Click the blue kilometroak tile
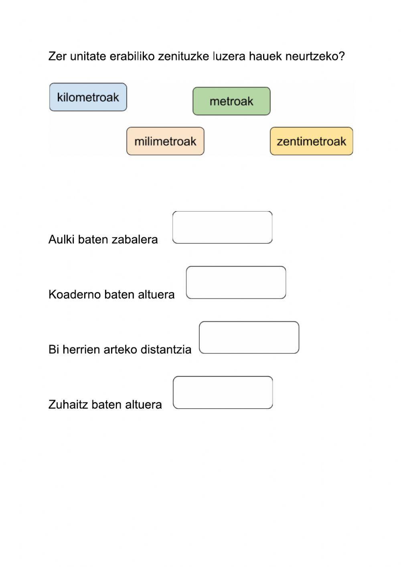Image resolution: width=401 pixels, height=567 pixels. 88,97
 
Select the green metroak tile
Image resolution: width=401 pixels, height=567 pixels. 231,101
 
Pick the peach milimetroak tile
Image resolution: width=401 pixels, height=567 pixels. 165,141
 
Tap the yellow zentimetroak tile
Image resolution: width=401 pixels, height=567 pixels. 311,141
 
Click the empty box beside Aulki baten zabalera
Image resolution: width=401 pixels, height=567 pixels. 222,228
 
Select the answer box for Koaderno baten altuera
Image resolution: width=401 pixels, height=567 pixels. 236,282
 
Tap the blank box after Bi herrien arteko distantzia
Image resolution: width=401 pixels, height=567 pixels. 249,337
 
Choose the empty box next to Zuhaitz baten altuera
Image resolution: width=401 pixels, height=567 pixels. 223,392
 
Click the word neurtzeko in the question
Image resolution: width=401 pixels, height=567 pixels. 315,56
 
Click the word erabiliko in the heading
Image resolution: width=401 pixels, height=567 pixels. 132,56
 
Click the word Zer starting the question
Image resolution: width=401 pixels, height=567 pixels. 57,56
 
